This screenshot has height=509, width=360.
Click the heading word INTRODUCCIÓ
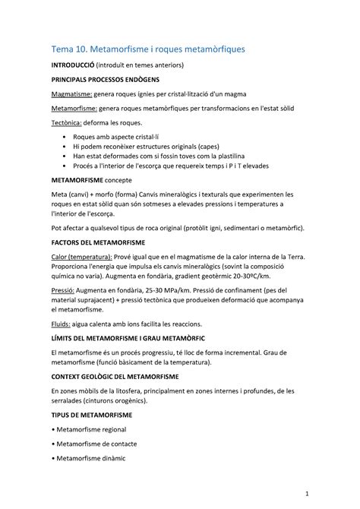[72, 67]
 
